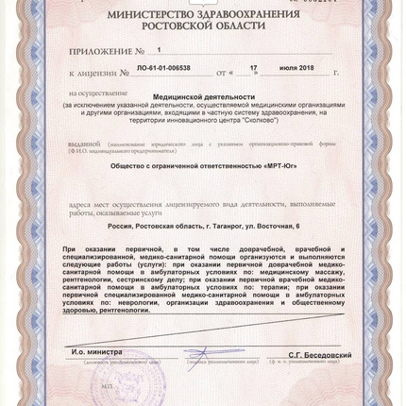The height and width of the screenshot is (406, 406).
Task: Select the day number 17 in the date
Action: pos(250,69)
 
